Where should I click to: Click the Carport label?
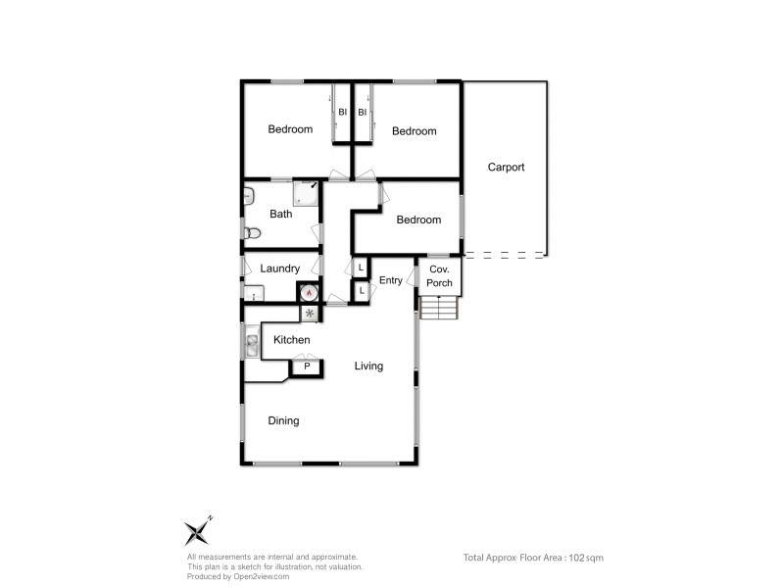507,168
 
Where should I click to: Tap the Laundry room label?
280,269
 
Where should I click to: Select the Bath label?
281,215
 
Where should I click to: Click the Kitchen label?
292,340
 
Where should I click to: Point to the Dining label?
283,421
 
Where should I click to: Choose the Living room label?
368,367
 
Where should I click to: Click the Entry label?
391,280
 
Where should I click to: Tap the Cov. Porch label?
440,276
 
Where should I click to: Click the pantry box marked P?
307,367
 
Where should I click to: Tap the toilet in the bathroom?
252,233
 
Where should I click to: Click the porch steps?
439,309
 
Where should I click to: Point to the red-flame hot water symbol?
310,291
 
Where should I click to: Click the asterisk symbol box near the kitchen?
310,314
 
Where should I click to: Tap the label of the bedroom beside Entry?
418,220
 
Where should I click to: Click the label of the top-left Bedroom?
291,129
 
